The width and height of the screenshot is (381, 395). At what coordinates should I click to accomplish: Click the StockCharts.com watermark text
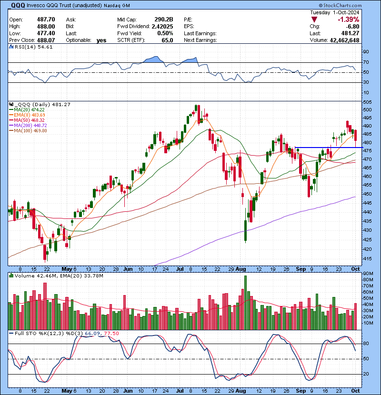[340, 5]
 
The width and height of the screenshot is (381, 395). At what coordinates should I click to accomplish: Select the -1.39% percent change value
[349, 20]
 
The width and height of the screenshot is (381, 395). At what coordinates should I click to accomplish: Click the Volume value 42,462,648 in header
[344, 40]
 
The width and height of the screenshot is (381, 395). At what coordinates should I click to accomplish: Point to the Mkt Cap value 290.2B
[164, 20]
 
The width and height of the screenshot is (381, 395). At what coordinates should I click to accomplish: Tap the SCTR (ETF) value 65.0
[167, 40]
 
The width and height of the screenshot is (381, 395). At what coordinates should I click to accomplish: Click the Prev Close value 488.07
[46, 40]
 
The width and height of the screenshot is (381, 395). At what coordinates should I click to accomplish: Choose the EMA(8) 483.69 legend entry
[27, 115]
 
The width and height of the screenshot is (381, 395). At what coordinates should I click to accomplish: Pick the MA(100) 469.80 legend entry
[28, 131]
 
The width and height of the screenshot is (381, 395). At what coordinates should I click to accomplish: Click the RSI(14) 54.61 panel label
[31, 47]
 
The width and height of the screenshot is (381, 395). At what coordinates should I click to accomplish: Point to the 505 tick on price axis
[367, 102]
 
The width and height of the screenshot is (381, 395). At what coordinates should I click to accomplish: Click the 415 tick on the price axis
[367, 259]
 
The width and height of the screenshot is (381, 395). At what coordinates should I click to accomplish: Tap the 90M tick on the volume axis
[368, 274]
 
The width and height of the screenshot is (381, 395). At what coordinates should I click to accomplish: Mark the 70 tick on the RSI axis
[366, 62]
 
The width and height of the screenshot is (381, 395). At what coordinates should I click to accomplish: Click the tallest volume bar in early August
[245, 303]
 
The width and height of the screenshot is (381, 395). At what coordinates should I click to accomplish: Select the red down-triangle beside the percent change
[314, 20]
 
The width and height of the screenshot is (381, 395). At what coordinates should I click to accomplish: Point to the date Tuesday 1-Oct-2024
[335, 12]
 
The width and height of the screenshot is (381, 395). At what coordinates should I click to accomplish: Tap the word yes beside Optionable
[101, 40]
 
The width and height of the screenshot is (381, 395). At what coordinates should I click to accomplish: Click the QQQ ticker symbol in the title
[18, 5]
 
